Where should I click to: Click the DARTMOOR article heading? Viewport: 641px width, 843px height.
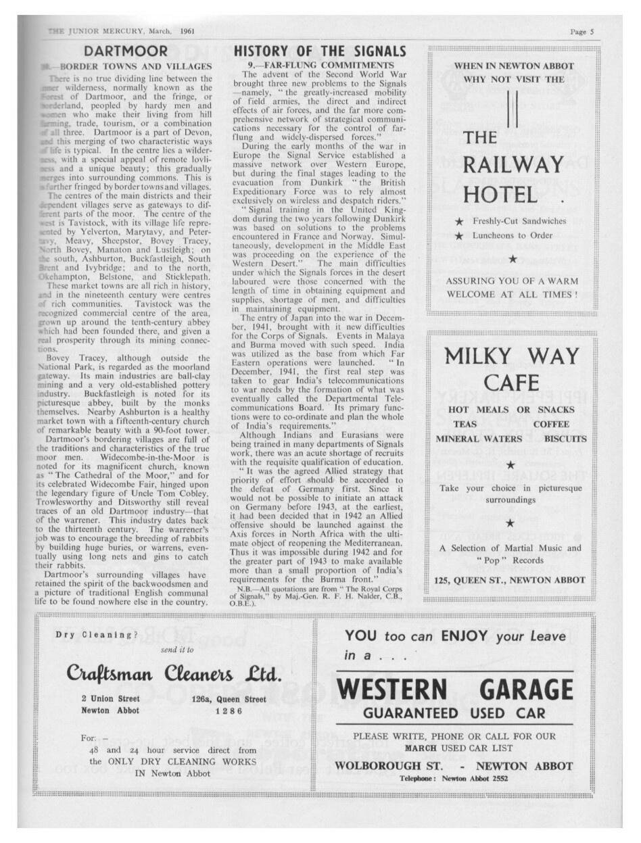126,51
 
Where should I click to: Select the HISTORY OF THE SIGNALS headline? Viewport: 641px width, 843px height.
319,51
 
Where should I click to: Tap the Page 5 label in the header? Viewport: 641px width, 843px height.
581,31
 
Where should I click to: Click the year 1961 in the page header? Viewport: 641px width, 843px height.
187,31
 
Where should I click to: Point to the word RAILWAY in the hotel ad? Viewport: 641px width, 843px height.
513,164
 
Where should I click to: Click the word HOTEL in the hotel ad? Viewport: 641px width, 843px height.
500,195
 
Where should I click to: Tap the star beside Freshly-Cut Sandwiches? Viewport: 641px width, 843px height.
460,222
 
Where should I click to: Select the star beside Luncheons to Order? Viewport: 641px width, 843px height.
460,236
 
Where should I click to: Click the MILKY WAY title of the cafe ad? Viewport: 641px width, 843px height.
512,356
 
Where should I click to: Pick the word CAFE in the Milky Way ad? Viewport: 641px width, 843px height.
511,383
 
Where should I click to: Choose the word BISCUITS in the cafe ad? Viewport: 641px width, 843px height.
565,439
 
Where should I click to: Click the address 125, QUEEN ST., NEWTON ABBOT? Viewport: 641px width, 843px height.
510,579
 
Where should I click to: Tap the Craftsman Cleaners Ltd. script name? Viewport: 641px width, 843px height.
173,673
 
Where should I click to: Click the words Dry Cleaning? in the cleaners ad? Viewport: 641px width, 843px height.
96,635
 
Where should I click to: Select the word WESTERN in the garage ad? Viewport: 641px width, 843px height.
391,689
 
